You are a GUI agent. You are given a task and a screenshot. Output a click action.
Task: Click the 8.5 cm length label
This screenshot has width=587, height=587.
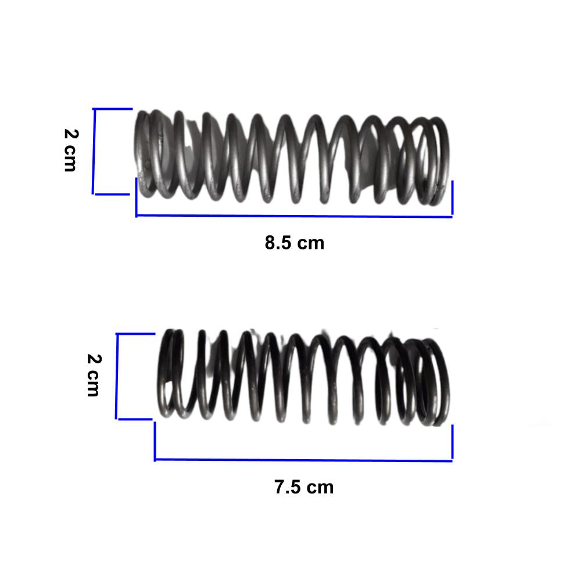tap(294, 242)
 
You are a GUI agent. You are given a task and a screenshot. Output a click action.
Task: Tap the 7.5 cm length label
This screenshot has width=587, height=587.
tap(303, 487)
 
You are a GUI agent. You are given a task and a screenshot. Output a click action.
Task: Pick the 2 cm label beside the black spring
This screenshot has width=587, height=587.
tap(94, 375)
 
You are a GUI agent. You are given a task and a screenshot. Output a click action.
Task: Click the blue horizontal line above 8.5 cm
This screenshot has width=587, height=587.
tap(294, 216)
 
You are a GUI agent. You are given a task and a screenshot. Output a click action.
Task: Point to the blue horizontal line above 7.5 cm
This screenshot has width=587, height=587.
tap(303, 460)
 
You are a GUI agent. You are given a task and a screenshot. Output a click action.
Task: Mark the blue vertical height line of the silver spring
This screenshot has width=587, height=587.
tap(94, 151)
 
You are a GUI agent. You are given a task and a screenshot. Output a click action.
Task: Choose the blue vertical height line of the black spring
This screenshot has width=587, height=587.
tap(117, 376)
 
